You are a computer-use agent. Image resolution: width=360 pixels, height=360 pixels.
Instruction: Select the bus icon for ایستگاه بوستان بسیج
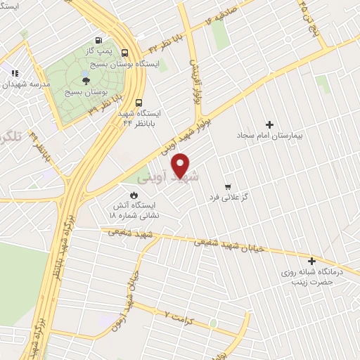tap(124, 53)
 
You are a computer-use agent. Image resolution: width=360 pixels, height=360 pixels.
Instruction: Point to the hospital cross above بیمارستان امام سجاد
tap(269, 124)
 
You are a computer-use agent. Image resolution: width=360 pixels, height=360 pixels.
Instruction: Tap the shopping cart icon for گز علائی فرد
tap(226, 186)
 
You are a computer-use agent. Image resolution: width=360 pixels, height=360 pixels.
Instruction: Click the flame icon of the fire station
tap(134, 194)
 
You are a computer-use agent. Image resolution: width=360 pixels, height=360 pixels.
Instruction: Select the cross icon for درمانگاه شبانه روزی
tap(311, 261)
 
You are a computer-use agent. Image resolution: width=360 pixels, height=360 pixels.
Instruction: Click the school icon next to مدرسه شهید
tap(15, 72)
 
